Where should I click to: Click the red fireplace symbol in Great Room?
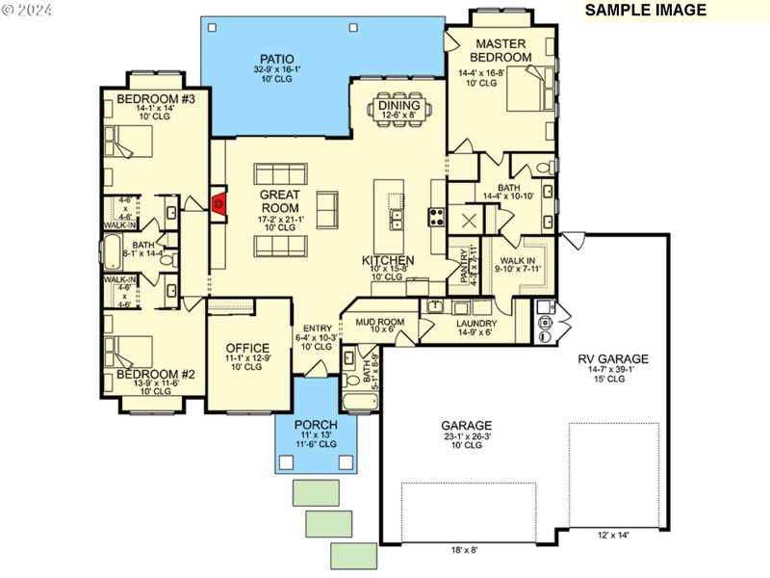point(218,203)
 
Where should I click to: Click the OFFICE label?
point(247,348)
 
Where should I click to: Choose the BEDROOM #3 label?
point(156,99)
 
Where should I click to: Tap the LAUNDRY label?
point(476,324)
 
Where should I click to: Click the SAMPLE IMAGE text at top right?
point(646,11)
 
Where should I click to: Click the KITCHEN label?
point(389,261)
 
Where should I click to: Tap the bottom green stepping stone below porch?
point(353,556)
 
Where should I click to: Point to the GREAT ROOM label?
point(280,200)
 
